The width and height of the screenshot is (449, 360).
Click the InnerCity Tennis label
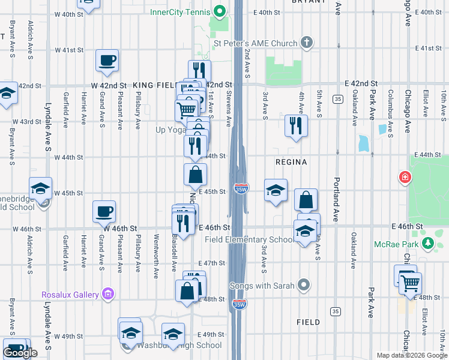181,11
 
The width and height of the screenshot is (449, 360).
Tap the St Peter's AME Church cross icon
307,43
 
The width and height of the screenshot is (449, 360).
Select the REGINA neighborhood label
291,162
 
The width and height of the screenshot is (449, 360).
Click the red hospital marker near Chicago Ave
406,178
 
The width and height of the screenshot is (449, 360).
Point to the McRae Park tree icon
427,243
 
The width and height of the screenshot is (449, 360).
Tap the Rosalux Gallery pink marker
108,295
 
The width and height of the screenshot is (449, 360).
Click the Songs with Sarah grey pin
304,284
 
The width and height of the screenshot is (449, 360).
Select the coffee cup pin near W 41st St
107,61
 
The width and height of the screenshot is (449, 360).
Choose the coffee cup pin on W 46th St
104,212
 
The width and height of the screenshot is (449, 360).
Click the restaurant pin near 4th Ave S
295,126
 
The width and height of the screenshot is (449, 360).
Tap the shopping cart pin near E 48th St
411,283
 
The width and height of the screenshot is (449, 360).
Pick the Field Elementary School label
250,239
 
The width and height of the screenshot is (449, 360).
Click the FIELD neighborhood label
308,322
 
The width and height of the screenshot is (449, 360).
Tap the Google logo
20,353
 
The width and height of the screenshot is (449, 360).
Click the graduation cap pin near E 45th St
276,191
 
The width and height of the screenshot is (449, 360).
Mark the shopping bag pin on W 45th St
196,175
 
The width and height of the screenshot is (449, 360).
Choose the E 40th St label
267,12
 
